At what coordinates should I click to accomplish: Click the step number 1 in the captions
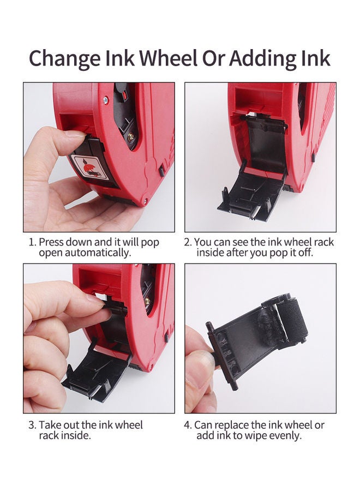point(31,242)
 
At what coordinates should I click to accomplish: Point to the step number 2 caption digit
point(187,242)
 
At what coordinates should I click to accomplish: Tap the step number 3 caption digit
point(31,425)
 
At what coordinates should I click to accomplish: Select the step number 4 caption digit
point(188,425)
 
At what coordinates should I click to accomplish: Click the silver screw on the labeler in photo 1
point(106,100)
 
